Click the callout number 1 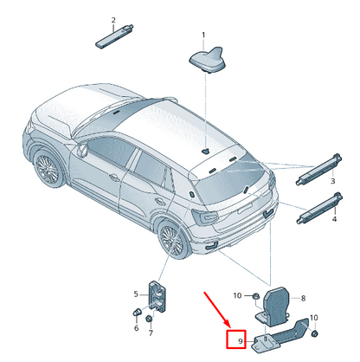(x=203, y=36)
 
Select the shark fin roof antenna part (x=208, y=60)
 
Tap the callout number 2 (x=113, y=20)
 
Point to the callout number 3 (x=332, y=181)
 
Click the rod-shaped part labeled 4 (x=319, y=208)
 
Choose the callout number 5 (x=136, y=294)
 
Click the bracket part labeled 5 (x=157, y=296)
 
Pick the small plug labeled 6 (x=137, y=312)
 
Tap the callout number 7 (x=151, y=333)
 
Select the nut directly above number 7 (x=149, y=319)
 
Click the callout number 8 (x=303, y=298)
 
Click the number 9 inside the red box (x=241, y=341)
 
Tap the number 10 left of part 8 (x=237, y=295)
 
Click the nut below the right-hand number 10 (x=315, y=333)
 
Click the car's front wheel (x=48, y=168)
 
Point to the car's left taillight (x=205, y=217)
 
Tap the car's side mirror (x=82, y=150)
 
